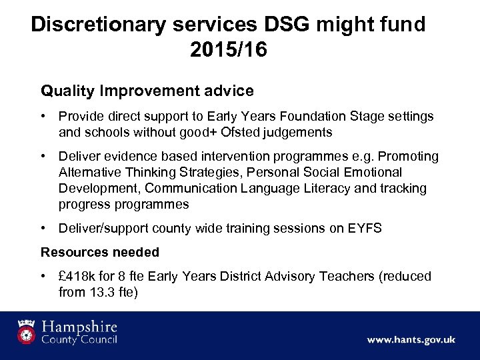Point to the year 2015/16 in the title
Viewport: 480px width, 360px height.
point(228,51)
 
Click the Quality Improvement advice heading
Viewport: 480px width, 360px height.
point(147,90)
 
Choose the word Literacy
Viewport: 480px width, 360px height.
point(322,189)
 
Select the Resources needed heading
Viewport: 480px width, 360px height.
point(100,252)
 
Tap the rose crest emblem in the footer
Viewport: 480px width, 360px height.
point(27,331)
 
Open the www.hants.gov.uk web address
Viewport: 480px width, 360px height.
point(411,339)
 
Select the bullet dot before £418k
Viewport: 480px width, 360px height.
point(44,276)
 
